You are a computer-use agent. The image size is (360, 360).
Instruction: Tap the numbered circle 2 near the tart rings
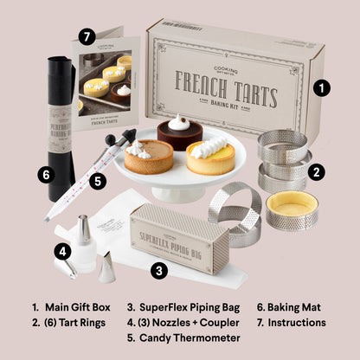[x=318, y=171]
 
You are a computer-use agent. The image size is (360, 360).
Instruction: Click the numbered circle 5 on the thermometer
[x=99, y=181]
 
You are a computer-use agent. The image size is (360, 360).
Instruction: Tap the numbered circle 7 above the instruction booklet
[x=86, y=36]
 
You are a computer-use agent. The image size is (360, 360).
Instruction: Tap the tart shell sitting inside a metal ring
[x=292, y=209]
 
